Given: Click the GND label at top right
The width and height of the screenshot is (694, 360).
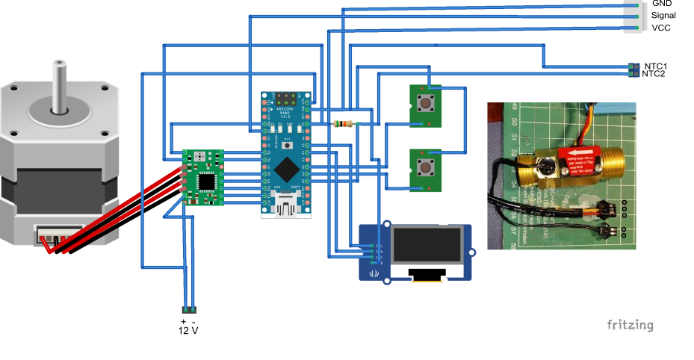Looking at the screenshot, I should (662, 4).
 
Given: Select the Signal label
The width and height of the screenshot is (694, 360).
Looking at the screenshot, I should (664, 15).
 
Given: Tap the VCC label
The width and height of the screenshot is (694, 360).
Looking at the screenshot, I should (661, 28).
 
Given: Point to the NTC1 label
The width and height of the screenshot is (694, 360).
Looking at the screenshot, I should (656, 66).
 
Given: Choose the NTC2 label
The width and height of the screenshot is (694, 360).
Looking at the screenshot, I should (654, 74).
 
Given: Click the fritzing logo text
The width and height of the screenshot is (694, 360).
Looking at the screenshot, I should (630, 325).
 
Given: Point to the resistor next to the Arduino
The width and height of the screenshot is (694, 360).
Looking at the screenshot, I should (344, 123).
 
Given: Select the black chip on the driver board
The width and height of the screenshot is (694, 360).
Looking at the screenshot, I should (205, 181).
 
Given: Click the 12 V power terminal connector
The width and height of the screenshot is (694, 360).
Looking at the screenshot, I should (189, 309).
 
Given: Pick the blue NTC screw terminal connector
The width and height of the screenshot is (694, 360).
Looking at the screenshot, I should (634, 69).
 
